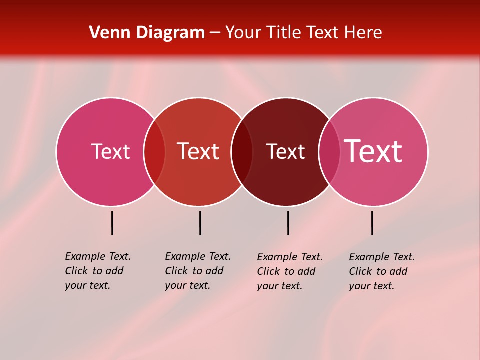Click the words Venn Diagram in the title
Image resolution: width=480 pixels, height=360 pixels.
147,33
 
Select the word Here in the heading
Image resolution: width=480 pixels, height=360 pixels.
362,33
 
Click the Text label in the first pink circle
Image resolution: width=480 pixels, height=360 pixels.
110,151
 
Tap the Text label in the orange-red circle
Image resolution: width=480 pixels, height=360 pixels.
198,151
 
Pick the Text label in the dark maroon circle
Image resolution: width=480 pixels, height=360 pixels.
285,151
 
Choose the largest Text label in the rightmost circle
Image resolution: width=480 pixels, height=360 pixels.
373,151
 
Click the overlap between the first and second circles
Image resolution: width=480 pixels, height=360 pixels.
154,152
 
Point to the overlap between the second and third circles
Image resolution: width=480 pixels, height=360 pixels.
242,152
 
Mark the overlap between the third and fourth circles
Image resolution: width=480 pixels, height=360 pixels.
329,152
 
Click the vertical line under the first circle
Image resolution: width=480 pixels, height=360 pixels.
112,223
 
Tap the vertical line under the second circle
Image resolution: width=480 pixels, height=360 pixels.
200,223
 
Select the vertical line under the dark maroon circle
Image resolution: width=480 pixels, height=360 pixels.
288,223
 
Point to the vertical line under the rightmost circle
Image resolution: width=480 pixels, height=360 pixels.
372,223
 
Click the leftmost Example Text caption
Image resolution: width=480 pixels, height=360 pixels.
97,271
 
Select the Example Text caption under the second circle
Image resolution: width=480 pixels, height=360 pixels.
197,271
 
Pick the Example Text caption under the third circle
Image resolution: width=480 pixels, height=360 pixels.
289,271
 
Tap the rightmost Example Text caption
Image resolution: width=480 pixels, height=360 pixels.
381,271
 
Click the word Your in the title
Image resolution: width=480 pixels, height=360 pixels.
243,33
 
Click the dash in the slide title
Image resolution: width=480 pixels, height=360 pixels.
215,33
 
